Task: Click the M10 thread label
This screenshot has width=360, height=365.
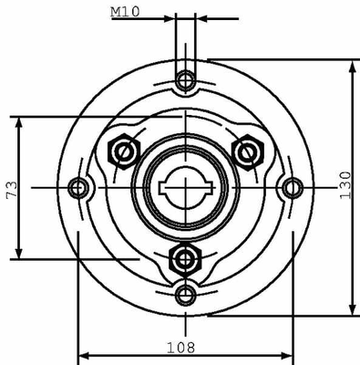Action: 125,12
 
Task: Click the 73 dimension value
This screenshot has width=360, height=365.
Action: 12,190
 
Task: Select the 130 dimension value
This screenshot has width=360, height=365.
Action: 345,185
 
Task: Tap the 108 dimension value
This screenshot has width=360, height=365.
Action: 180,348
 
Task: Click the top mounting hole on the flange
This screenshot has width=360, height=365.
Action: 185,80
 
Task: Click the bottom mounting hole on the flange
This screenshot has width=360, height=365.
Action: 186,295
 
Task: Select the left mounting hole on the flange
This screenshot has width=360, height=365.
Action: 78,188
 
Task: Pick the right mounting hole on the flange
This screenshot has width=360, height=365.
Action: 293,188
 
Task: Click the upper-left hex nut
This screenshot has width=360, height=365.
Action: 124,151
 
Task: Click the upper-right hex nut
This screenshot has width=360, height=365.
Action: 248,152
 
